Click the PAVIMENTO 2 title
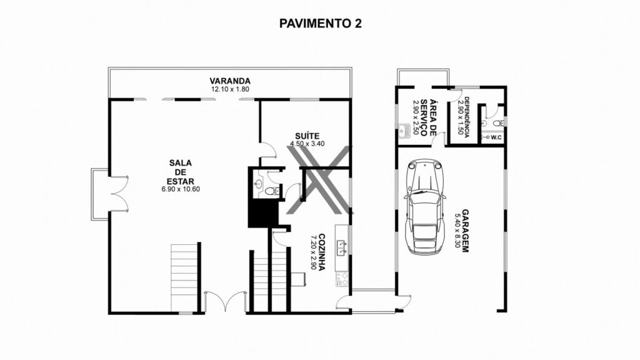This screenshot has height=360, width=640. pos(320,23)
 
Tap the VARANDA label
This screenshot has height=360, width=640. pos(230,81)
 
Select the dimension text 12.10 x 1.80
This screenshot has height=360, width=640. pos(230,89)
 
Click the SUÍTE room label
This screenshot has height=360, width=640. pos(307,136)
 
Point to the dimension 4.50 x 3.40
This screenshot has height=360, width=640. pos(307,144)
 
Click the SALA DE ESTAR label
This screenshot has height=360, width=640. pos(181,172)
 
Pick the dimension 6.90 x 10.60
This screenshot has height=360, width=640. pos(181,189)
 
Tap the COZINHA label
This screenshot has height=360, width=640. pos(321,252)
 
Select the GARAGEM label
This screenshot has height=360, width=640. pos(465,231)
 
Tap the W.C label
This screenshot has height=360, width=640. pos(496,137)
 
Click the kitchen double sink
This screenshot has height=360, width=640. pos(342,247)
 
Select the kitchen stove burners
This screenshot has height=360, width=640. pos(342,279)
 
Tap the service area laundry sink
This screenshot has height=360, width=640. pos(404,131)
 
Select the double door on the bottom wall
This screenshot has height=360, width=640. pos(225,301)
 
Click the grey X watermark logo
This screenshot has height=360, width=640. pos(319,180)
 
